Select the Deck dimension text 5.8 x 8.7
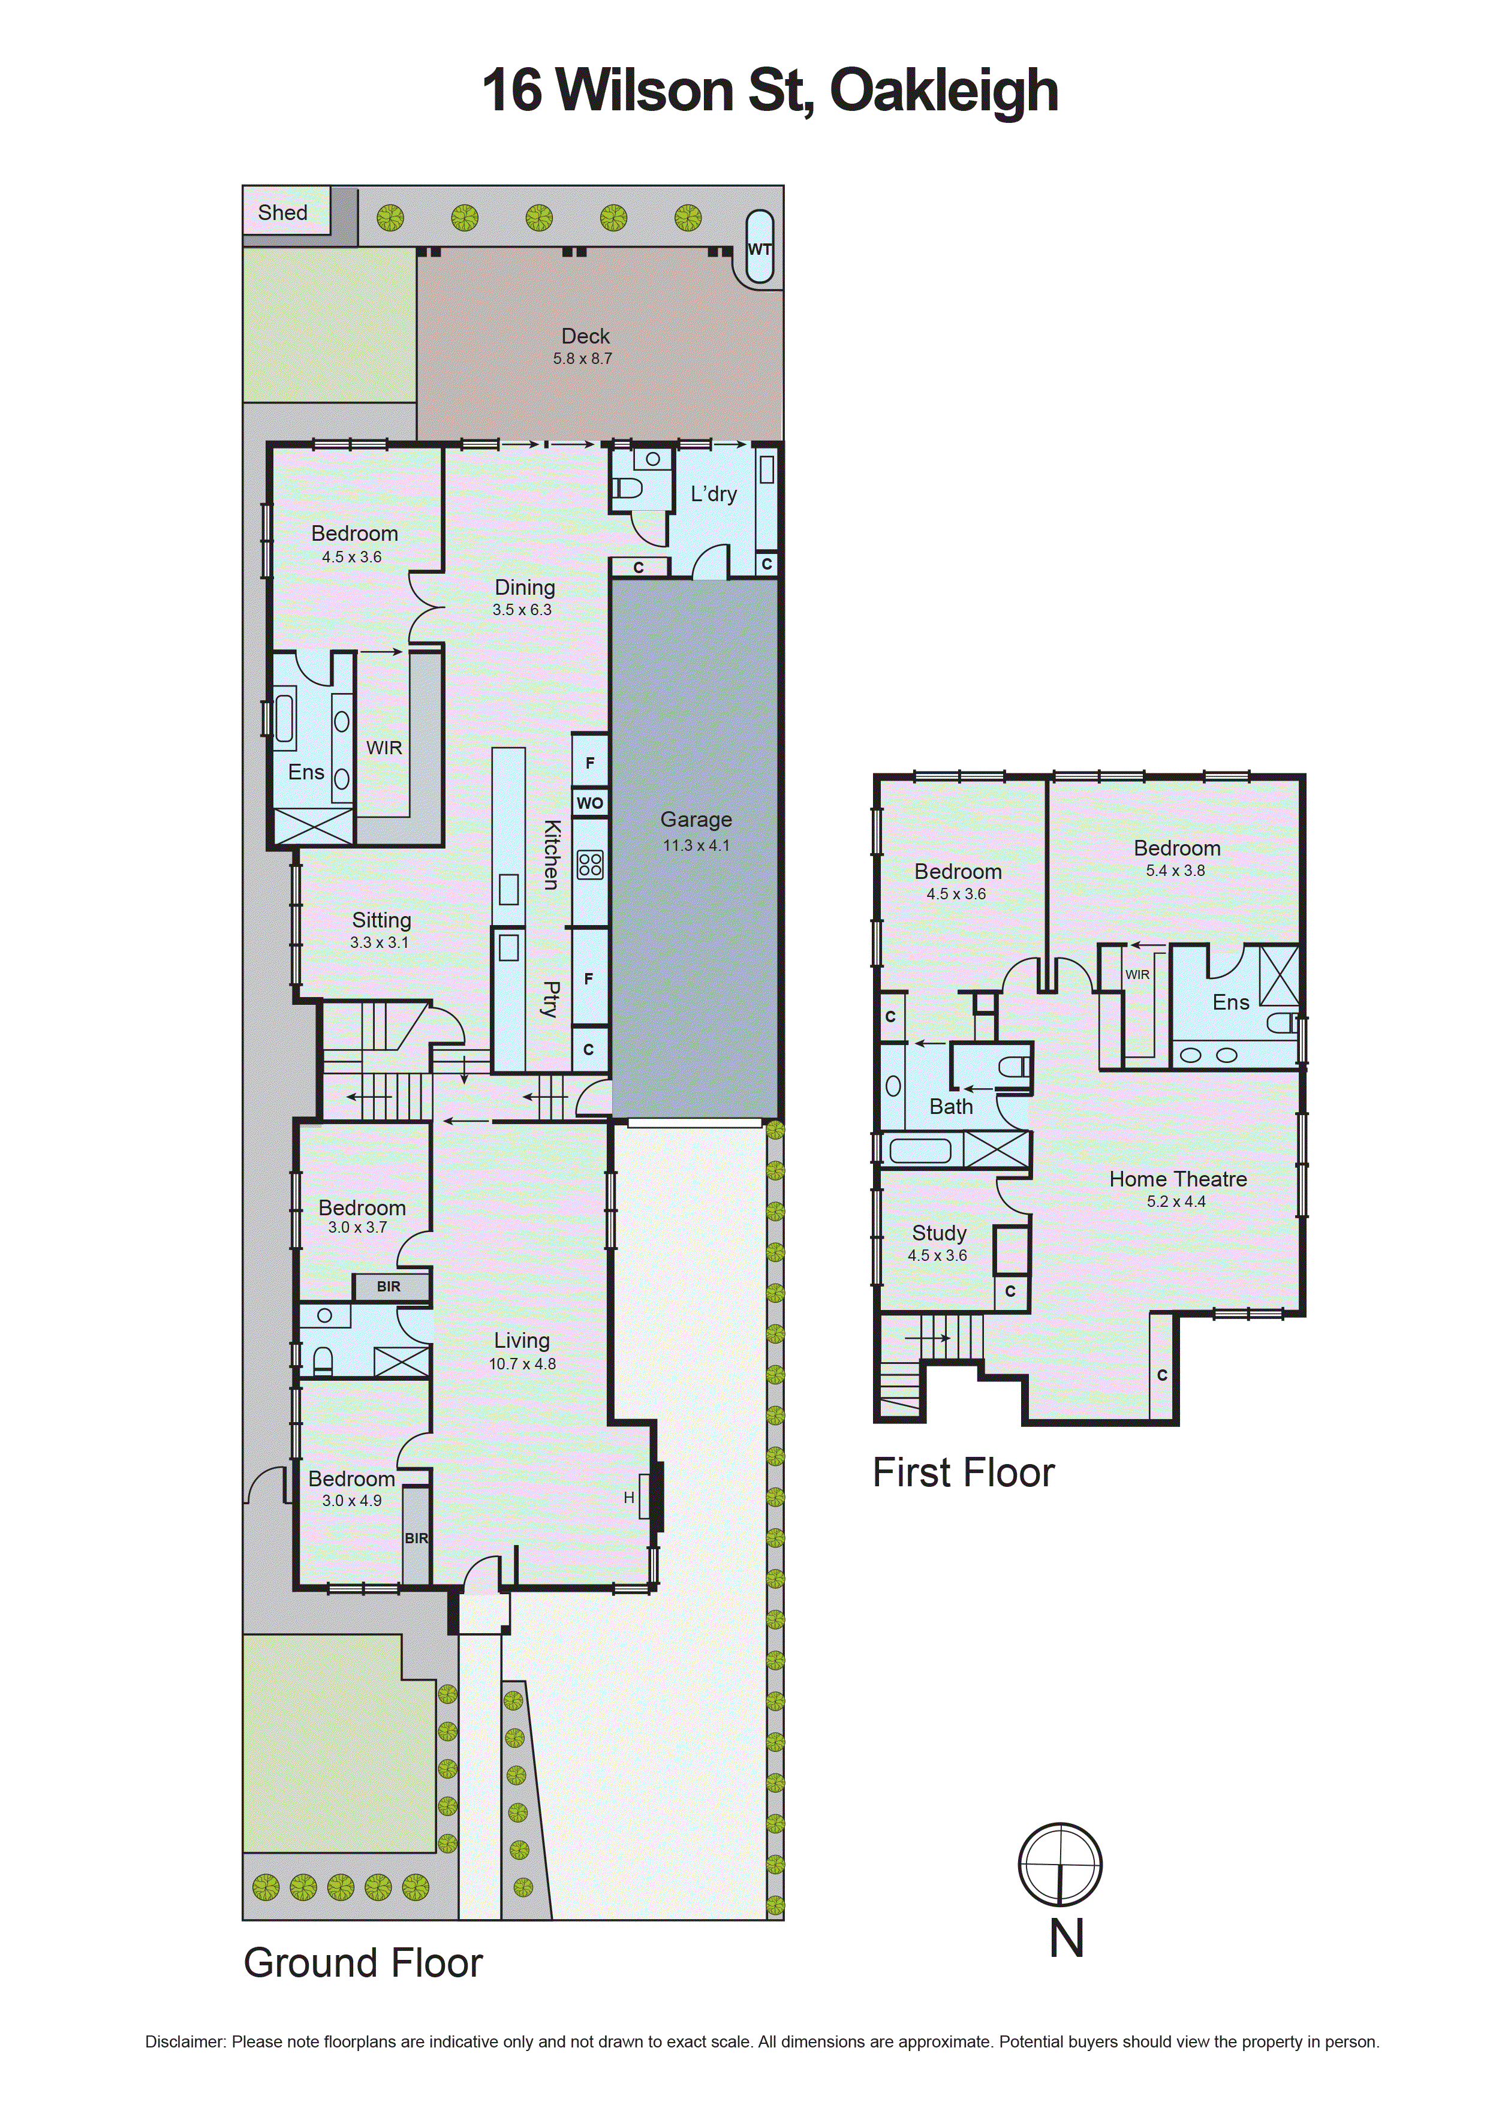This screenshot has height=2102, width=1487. pyautogui.click(x=582, y=359)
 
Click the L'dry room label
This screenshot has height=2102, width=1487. pyautogui.click(x=714, y=495)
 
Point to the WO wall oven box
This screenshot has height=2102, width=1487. pyautogui.click(x=589, y=803)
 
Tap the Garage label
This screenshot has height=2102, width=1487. pyautogui.click(x=696, y=820)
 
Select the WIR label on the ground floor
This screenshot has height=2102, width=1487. pyautogui.click(x=384, y=748)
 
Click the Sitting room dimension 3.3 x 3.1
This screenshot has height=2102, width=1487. pyautogui.click(x=379, y=942)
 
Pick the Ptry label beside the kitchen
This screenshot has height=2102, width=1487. pyautogui.click(x=550, y=999)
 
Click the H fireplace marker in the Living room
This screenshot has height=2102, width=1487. pyautogui.click(x=629, y=1498)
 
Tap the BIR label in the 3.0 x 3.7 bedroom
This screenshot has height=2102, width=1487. pyautogui.click(x=388, y=1286)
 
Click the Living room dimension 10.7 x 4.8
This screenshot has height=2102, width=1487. pyautogui.click(x=522, y=1364)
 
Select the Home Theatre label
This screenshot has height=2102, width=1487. pyautogui.click(x=1178, y=1179)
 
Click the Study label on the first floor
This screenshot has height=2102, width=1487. pyautogui.click(x=938, y=1233)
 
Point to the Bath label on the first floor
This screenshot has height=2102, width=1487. pyautogui.click(x=950, y=1107)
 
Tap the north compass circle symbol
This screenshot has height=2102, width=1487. pyautogui.click(x=1060, y=1865)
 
